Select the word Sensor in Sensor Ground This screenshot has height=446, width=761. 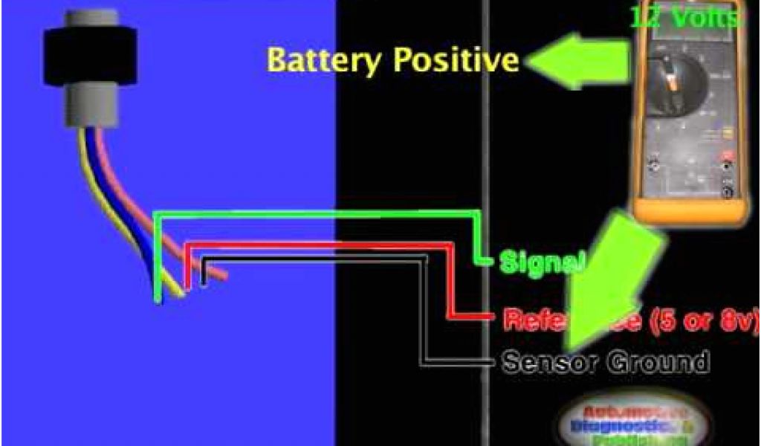click(x=550, y=362)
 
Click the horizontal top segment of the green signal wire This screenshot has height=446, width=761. click(x=312, y=213)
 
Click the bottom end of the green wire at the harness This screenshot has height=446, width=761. click(x=158, y=297)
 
